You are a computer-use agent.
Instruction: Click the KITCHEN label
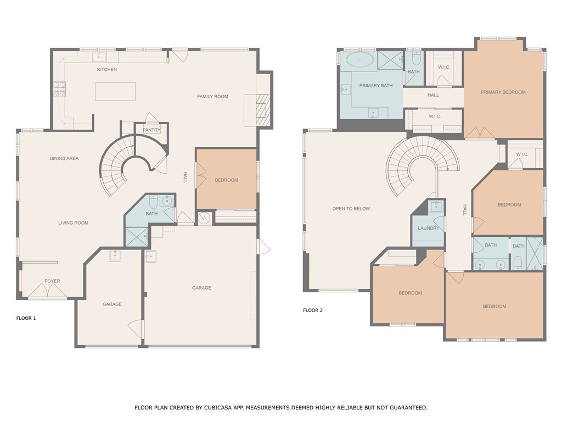tap(107, 70)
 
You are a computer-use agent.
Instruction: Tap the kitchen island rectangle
tap(115, 92)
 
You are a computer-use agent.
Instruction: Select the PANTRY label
tap(151, 130)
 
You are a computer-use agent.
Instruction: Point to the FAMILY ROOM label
tap(212, 97)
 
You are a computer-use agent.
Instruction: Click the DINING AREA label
tap(64, 158)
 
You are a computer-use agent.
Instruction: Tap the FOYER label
tap(52, 281)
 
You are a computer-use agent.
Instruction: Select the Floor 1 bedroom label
tap(227, 180)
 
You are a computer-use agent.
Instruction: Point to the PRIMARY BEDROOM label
tap(503, 92)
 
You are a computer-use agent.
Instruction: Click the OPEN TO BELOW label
tap(351, 208)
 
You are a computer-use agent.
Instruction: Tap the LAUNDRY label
tap(428, 228)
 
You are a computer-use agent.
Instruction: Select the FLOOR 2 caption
tap(313, 310)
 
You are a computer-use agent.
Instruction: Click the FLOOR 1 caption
tap(26, 318)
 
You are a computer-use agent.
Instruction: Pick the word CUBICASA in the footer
tap(218, 408)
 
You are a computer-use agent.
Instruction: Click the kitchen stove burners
tap(60, 90)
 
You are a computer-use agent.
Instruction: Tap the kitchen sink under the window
tap(99, 57)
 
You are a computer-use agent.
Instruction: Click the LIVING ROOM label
tap(74, 223)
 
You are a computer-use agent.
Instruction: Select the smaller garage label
tap(112, 304)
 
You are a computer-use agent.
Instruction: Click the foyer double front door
tap(47, 290)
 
